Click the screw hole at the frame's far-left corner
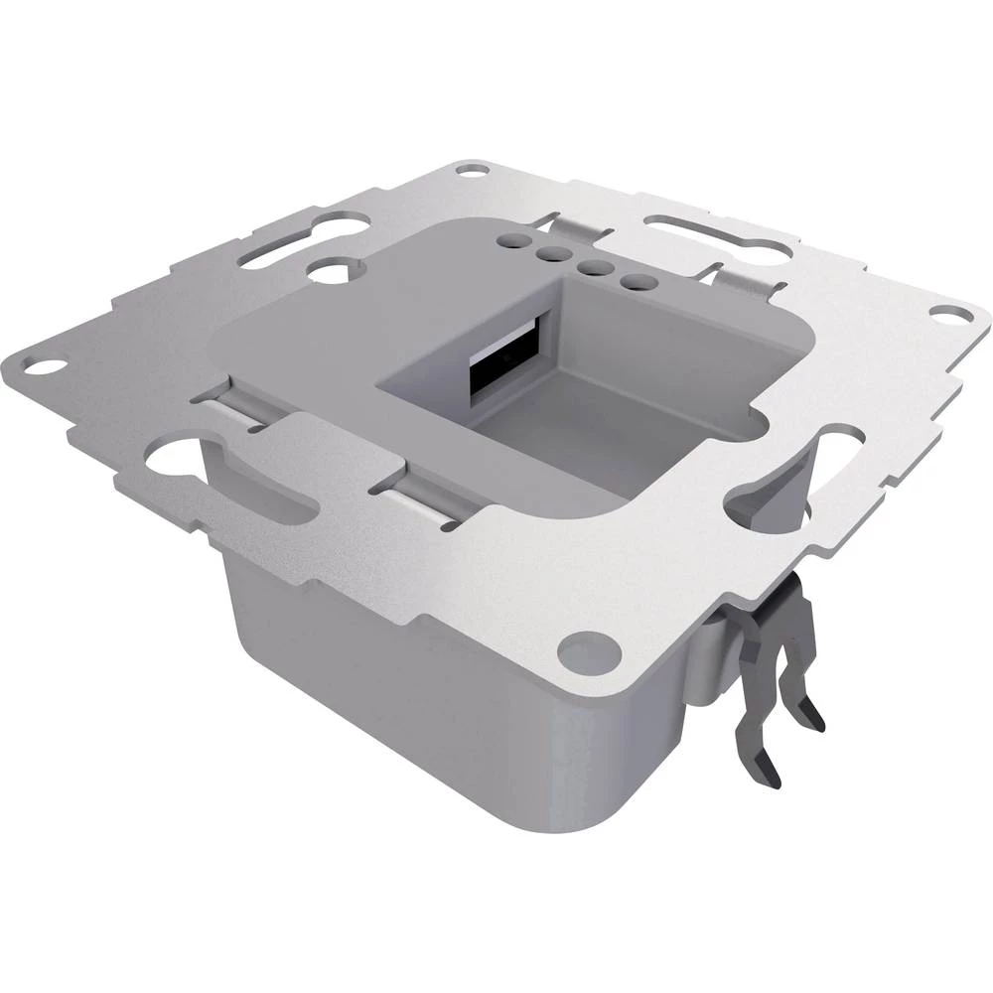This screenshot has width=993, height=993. point(41,365)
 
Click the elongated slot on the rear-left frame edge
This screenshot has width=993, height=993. point(277,248)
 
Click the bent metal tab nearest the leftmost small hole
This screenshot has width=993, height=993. point(577,228)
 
